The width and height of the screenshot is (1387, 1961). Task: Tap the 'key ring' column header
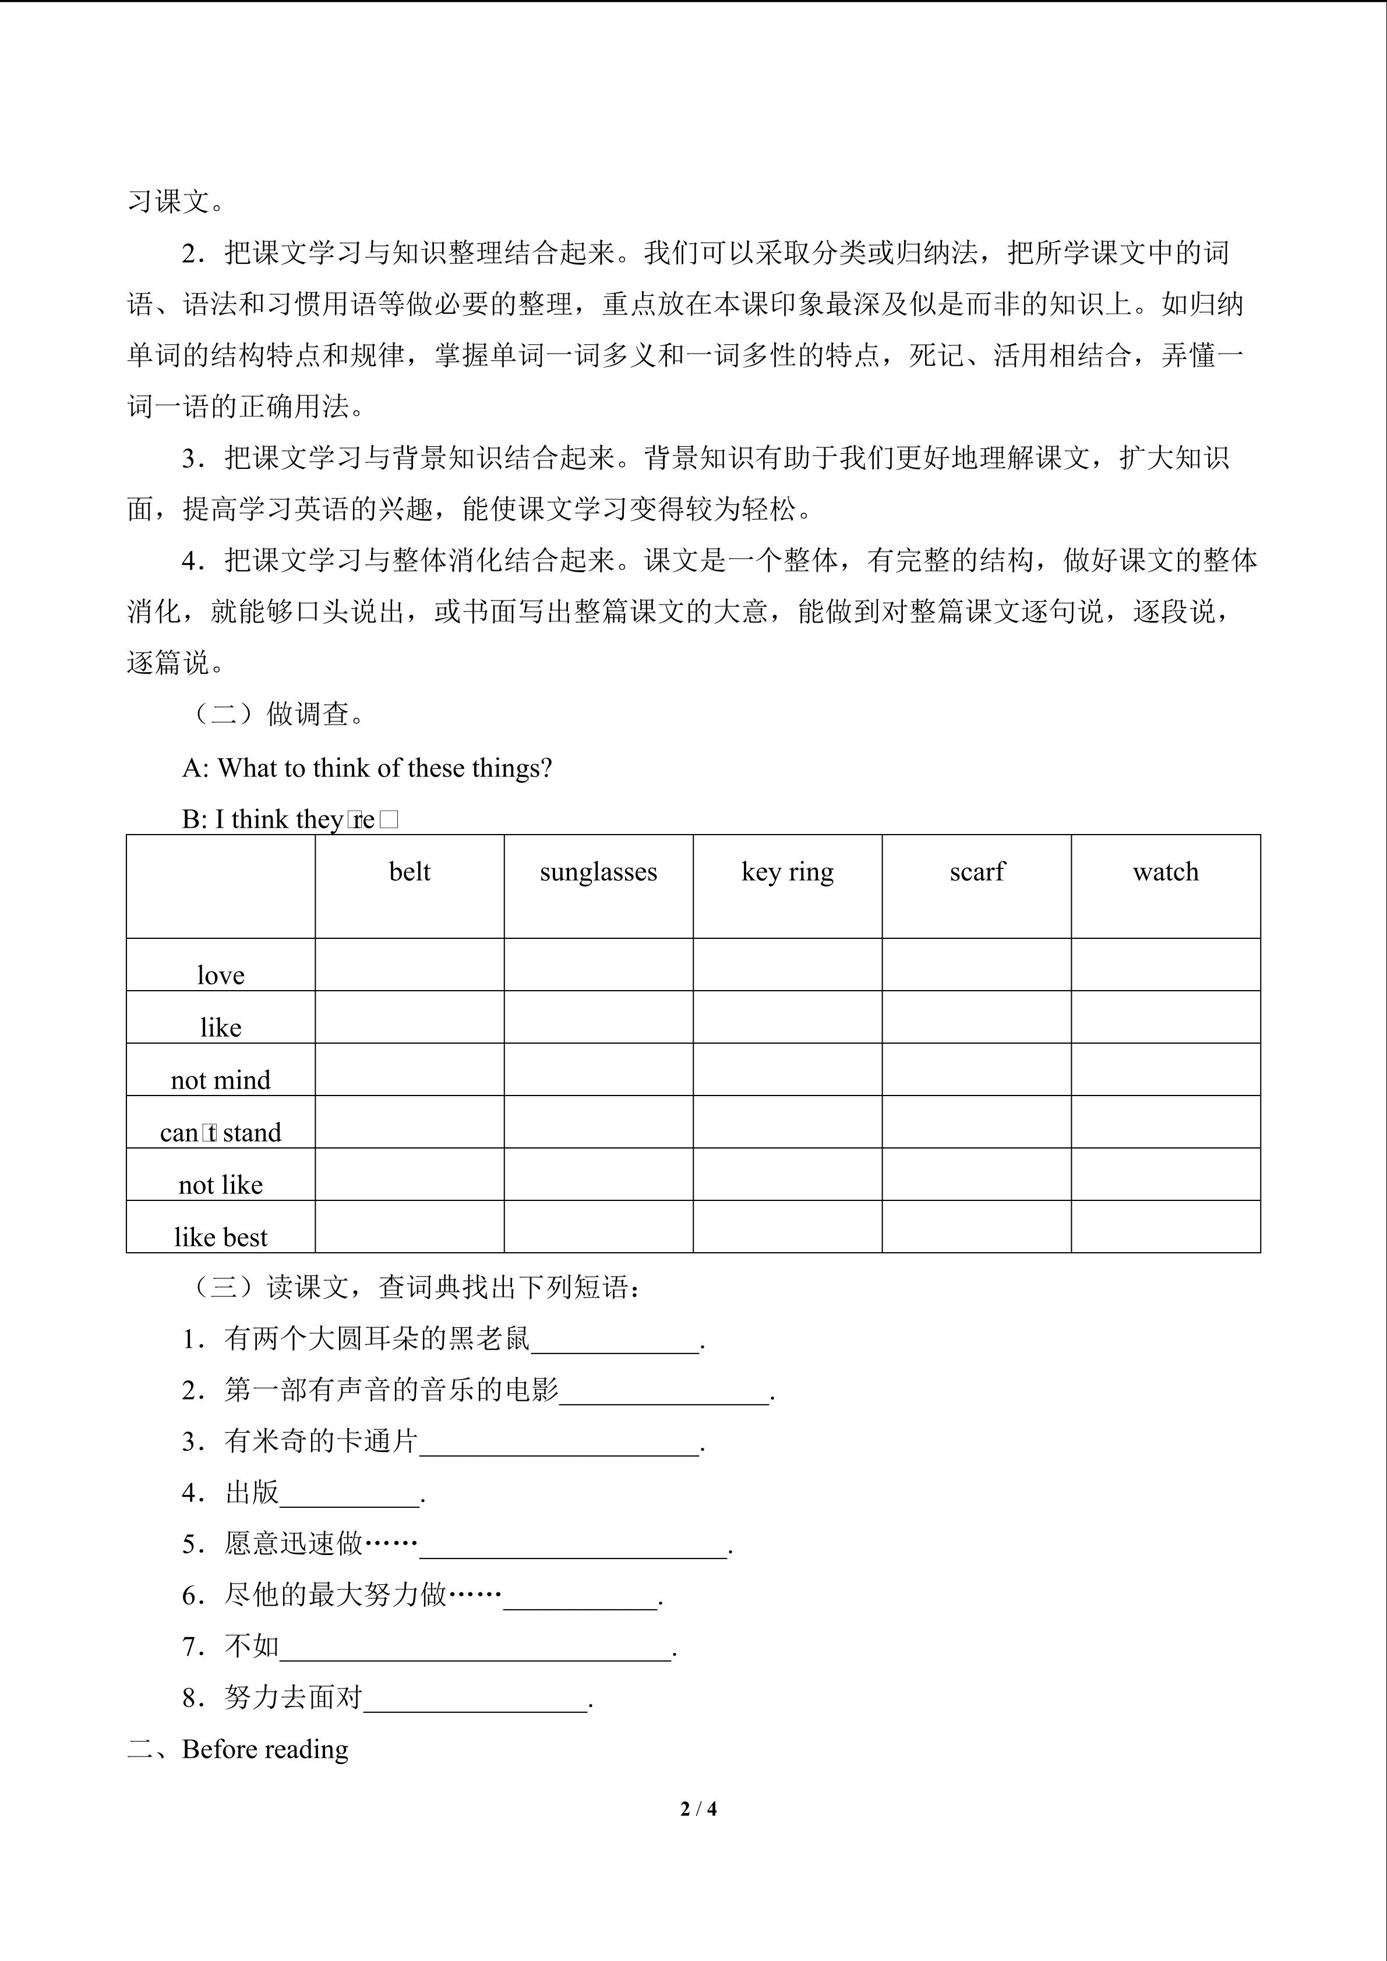788,872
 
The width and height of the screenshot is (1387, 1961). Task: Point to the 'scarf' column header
977,872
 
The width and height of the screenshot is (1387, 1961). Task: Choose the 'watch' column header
1166,872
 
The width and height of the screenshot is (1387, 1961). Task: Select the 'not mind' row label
220,1080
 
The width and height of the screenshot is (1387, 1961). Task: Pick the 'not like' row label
220,1185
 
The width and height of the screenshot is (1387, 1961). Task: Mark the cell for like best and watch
1166,1227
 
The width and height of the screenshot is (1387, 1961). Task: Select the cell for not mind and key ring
788,1069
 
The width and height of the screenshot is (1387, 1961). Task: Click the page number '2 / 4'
698,1808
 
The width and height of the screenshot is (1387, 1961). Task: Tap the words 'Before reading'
265,1749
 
